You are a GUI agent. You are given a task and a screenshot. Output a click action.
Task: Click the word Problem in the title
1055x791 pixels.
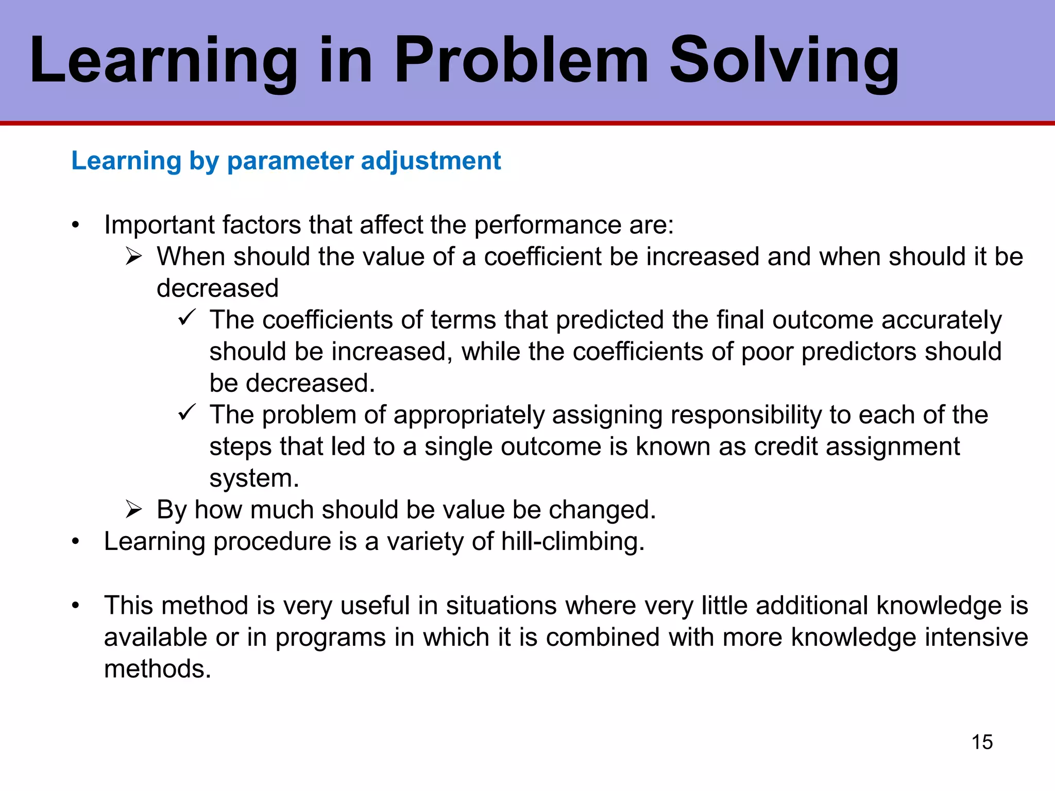click(x=520, y=61)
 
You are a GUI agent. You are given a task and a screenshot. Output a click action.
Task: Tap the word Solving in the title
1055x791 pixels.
click(x=783, y=61)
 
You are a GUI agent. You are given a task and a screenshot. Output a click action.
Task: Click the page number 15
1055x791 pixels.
click(x=982, y=742)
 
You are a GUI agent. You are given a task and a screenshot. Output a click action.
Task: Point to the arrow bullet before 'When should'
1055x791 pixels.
click(x=133, y=256)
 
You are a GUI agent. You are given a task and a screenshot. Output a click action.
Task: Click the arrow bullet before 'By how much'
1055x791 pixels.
click(x=133, y=509)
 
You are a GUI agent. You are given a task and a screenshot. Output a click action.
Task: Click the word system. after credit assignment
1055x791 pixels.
click(x=254, y=478)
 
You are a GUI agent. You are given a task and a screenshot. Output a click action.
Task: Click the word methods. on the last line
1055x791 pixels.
click(x=158, y=669)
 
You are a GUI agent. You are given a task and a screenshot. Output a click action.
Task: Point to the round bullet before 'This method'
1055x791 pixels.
click(x=76, y=606)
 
